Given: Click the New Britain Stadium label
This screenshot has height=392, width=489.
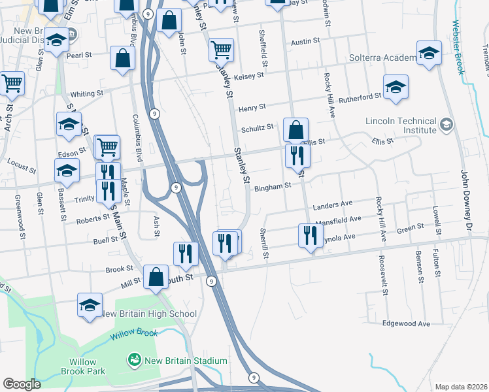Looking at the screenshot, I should coord(186,361).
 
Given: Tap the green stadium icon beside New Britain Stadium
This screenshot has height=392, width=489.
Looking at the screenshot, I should coord(135,360).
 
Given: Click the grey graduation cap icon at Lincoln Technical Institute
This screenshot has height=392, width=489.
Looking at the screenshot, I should coord(446,124).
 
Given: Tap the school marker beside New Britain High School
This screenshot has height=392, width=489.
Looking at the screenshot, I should coord(90,304).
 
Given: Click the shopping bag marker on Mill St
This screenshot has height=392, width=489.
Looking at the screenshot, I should coord(156,277).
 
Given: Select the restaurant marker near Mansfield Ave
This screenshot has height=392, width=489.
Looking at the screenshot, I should coord(309,235).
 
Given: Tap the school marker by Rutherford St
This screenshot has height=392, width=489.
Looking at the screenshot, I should coord(396,88).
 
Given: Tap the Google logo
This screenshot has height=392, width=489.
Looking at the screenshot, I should coord(22,384).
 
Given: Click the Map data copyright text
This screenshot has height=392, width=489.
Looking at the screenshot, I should coord(461,387).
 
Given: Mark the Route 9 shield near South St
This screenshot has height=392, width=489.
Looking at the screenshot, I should coord(211,281).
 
